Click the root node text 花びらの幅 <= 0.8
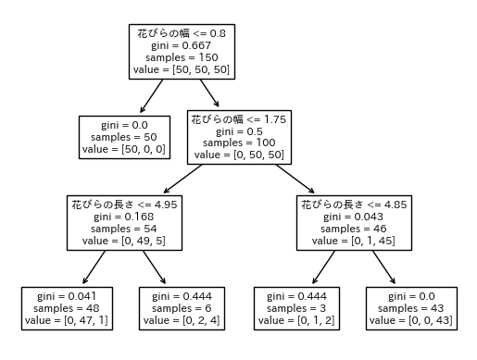(181, 32)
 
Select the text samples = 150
(181, 56)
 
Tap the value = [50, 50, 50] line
(181, 68)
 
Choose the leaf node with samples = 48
(67, 309)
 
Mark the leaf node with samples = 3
(296, 309)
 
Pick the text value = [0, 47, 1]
(67, 321)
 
